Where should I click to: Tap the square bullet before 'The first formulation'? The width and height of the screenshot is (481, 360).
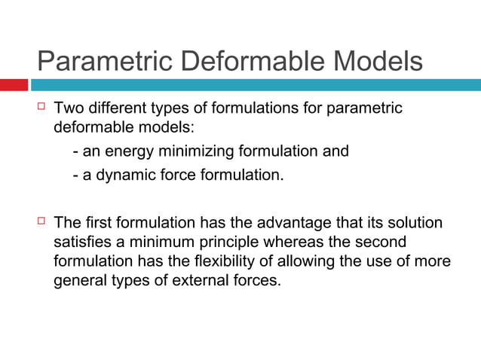[41, 222]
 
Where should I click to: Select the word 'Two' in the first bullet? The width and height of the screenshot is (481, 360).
[69, 109]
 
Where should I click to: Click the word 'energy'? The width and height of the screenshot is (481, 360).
[130, 151]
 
